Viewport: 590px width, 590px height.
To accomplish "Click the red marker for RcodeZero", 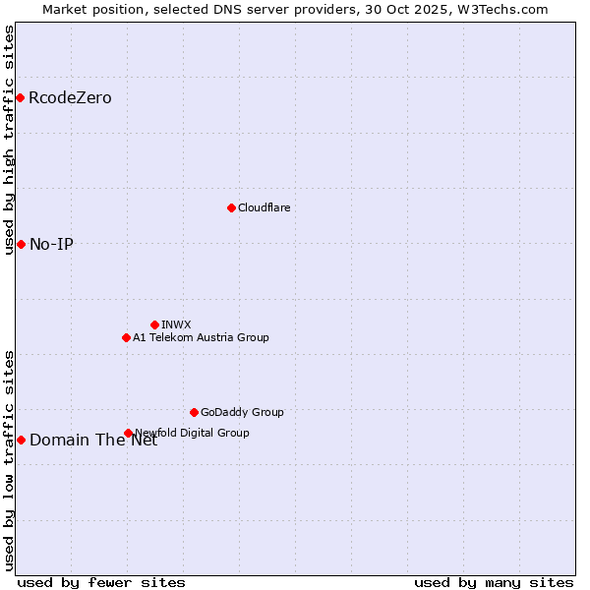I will pos(20,97).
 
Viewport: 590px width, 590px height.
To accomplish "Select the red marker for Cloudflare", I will pos(231,207).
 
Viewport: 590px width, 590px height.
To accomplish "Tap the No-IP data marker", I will pos(21,244).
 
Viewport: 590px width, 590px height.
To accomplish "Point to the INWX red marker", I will pos(154,324).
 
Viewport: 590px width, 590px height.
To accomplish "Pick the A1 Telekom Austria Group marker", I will pos(126,337).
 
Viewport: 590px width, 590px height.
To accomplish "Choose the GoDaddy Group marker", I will pos(194,412).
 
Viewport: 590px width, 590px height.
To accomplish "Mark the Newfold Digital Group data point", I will pos(128,433).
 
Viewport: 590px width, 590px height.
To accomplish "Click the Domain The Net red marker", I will pos(21,440).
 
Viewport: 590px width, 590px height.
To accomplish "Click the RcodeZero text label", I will pos(70,97).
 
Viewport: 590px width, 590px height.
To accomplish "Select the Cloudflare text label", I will pos(264,207).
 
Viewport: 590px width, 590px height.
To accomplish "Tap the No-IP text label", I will pos(51,244).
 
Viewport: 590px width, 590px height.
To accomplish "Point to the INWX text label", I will pos(176,324).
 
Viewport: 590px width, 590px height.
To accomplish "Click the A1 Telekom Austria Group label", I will pos(201,337).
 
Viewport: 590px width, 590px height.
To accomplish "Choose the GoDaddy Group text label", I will pos(242,412).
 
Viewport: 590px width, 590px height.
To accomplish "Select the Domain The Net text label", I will pos(93,440).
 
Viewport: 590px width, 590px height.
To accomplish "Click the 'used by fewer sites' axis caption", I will pos(101,582).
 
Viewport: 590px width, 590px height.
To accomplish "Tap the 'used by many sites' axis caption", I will pos(494,582).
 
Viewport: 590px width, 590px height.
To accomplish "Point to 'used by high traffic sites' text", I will pos(9,140).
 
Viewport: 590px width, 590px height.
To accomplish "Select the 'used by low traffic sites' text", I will pos(9,459).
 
